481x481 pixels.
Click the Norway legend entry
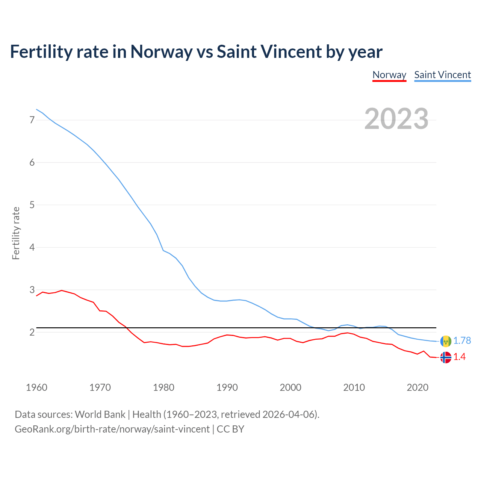click(389, 75)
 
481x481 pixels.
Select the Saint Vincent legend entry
click(442, 75)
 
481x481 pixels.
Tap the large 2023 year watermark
click(396, 119)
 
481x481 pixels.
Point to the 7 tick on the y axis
click(32, 120)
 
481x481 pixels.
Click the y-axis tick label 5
click(32, 205)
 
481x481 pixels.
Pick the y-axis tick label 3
click(32, 290)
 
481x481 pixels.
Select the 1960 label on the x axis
click(36, 387)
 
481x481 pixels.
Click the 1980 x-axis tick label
click(163, 387)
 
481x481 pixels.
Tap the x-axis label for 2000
click(290, 387)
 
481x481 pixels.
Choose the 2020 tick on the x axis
click(417, 387)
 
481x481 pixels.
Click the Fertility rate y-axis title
click(16, 233)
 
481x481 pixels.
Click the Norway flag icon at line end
click(446, 357)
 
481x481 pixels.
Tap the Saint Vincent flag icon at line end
click(446, 341)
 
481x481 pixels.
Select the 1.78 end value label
click(462, 341)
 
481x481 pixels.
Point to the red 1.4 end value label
click(459, 357)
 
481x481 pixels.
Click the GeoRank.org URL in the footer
click(112, 429)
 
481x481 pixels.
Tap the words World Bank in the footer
click(100, 414)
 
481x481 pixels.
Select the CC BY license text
click(230, 429)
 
